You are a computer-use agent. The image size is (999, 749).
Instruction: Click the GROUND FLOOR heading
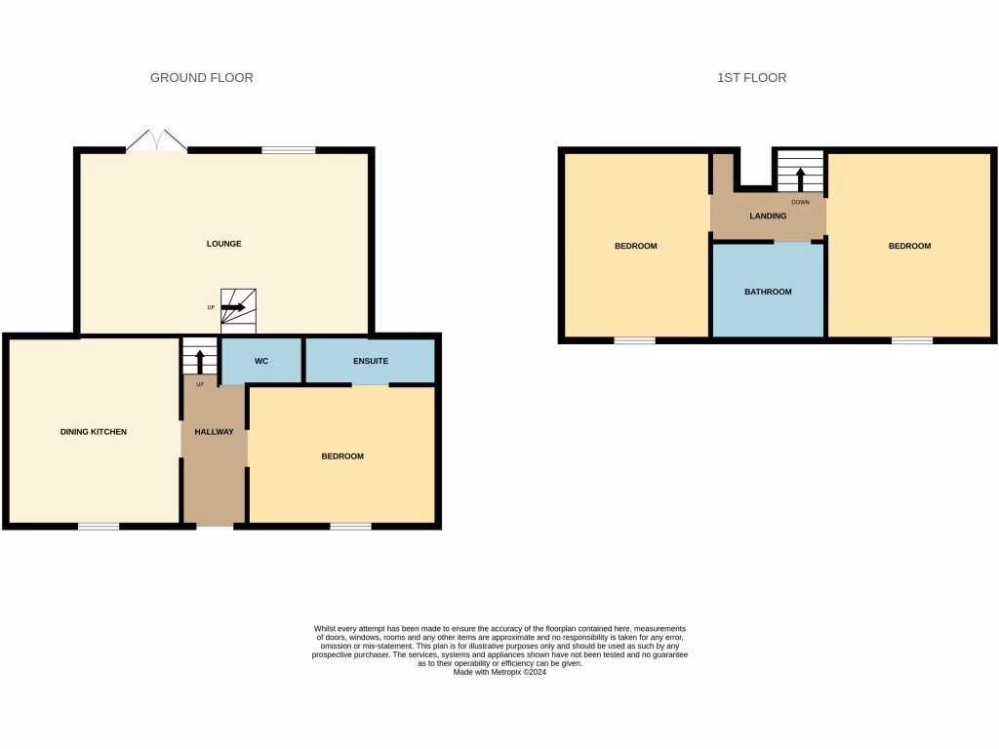point(201,78)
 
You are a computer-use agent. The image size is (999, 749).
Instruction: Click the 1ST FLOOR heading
point(751,78)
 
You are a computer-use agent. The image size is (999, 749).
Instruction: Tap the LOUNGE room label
point(223,244)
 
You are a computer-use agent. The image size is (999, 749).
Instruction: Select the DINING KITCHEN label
point(94,432)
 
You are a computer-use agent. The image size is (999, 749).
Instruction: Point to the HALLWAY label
point(214,432)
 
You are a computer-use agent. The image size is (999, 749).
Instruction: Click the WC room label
point(261,361)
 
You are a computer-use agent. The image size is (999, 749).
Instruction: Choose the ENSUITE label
point(370,361)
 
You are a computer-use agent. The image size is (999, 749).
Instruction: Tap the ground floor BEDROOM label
point(342,456)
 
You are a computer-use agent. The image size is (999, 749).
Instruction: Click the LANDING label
point(768,217)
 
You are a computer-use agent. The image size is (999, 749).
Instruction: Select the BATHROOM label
point(768,292)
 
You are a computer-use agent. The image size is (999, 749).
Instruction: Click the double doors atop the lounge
point(156,142)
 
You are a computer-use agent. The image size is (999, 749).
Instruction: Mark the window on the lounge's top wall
point(288,150)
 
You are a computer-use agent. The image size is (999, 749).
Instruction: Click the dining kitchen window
point(99,527)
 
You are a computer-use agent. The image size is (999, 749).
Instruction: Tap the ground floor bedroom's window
point(350,527)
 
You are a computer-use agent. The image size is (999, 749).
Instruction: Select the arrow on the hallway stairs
point(200,361)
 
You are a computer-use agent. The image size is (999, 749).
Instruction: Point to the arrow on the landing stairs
point(800,178)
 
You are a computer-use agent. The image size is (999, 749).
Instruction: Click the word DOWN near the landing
point(800,202)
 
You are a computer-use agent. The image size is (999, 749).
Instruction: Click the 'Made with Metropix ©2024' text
point(499,671)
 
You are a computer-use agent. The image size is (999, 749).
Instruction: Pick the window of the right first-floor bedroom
point(911,340)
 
